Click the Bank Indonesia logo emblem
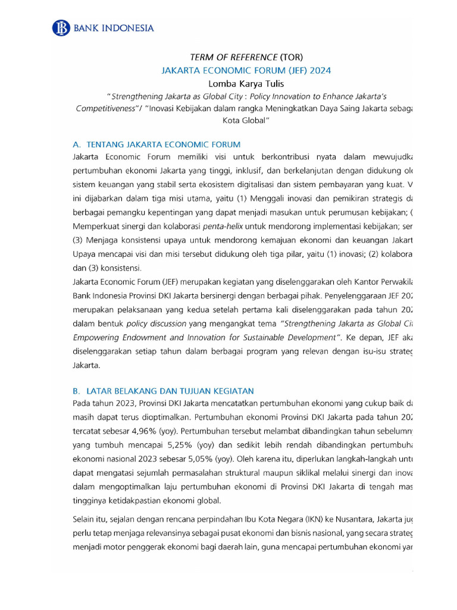61,27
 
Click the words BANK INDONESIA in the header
114,28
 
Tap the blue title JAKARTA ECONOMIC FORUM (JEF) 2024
246,70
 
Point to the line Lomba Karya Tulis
246,83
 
